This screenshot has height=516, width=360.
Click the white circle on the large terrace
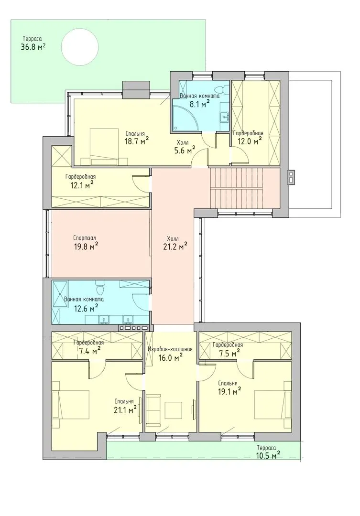[x=80, y=47]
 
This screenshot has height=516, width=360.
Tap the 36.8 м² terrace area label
[x=33, y=47]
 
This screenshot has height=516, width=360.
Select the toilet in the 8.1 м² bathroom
[x=225, y=88]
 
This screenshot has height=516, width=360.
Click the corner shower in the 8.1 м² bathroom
[x=188, y=118]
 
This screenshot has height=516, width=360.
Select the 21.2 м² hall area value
[x=175, y=246]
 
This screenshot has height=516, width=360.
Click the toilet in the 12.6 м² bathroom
[x=100, y=288]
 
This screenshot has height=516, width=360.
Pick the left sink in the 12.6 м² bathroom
[x=105, y=320]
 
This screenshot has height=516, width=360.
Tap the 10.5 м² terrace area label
[x=268, y=455]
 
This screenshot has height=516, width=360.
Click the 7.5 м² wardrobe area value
[x=230, y=354]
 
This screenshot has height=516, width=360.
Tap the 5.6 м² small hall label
[x=185, y=150]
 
